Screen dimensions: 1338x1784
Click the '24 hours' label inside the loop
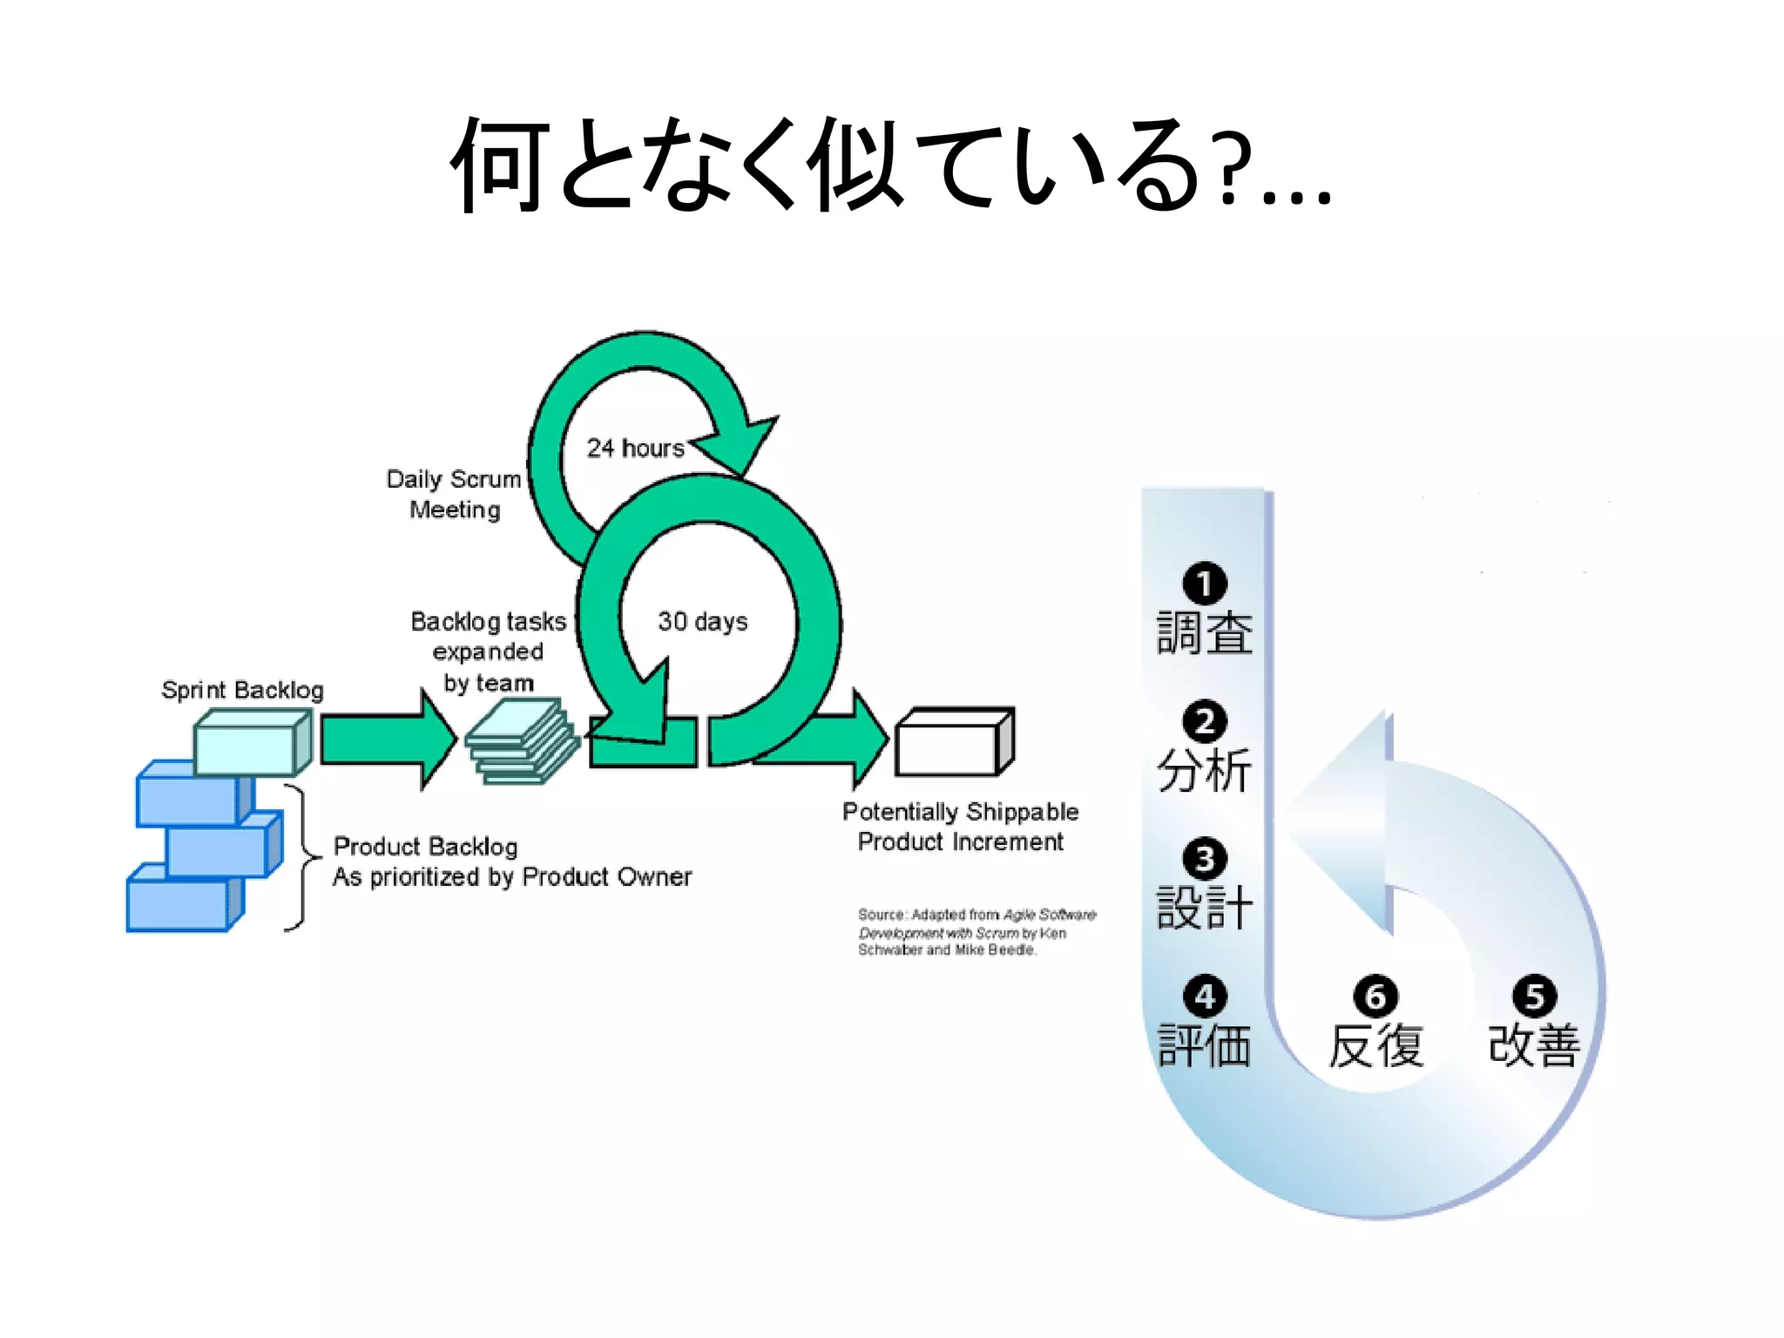point(635,448)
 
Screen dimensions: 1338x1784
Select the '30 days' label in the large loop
point(702,621)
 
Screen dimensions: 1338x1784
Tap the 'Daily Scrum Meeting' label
point(454,494)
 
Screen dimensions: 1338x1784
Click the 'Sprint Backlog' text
point(242,690)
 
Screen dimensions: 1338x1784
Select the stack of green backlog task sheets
point(521,742)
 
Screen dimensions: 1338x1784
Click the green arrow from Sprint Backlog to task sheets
point(383,740)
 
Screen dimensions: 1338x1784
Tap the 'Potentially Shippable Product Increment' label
point(960,826)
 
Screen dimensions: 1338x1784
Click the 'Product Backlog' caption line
point(425,846)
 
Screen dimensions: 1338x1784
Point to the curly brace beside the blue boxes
point(301,858)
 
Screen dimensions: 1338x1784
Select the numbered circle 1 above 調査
point(1204,584)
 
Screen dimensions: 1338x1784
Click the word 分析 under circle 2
point(1204,770)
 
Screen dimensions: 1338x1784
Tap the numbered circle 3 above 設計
point(1204,859)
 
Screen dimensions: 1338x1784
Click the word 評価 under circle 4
point(1204,1045)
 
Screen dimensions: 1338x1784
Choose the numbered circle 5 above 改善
point(1534,997)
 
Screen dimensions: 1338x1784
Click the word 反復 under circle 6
point(1375,1045)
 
